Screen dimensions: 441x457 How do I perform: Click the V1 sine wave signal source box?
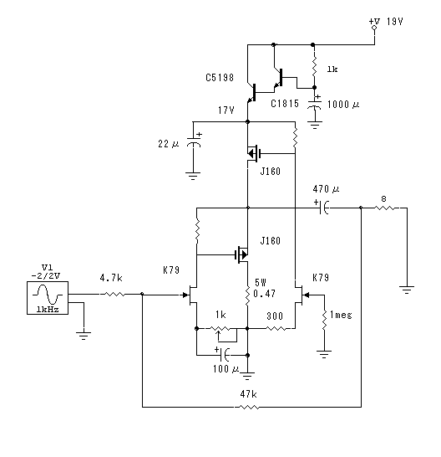point(48,298)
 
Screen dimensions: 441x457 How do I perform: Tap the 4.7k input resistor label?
point(111,278)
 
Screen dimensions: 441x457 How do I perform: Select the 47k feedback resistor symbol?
point(249,407)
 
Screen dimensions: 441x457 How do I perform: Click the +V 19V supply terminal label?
point(386,21)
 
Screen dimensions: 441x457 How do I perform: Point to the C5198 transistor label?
point(220,78)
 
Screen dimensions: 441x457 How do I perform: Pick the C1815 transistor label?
point(285,104)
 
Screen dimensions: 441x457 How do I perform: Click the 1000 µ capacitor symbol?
point(314,105)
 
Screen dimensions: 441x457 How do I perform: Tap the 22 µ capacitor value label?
point(169,143)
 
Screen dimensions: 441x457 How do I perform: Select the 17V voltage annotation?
point(226,110)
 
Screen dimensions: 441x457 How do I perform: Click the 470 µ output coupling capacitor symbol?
point(323,208)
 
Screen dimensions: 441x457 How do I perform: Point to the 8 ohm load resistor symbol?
point(384,208)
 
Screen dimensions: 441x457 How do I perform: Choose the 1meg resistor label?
point(341,315)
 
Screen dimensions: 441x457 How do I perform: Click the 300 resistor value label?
point(275,316)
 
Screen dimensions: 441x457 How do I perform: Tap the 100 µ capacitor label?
point(226,369)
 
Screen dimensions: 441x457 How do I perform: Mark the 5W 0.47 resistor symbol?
point(247,296)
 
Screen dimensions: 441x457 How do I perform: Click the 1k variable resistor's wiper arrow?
point(219,336)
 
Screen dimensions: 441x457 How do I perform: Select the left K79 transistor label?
point(171,270)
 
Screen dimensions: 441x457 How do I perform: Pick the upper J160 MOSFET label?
point(271,171)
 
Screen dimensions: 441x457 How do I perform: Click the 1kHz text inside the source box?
point(48,310)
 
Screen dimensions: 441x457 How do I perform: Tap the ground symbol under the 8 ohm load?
point(407,290)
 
